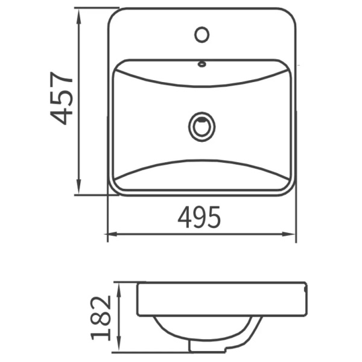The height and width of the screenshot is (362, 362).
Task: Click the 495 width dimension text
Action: click(x=199, y=218)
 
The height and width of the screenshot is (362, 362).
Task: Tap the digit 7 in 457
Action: click(x=62, y=75)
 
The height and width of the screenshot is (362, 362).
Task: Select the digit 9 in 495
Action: click(x=199, y=218)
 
